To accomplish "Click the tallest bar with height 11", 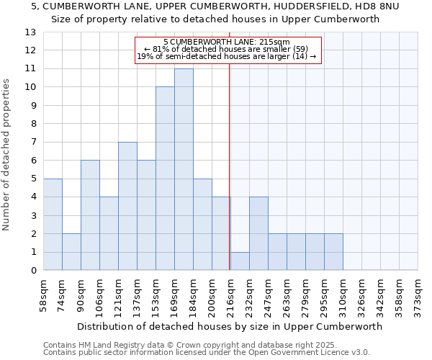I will pyautogui.click(x=184, y=169).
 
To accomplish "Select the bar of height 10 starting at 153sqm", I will pyautogui.click(x=165, y=179).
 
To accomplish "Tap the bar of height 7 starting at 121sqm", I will pyautogui.click(x=127, y=206).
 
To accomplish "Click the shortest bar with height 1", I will pyautogui.click(x=240, y=261).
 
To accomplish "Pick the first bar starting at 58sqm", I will pyautogui.click(x=53, y=225).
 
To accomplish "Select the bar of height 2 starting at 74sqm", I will pyautogui.click(x=71, y=252).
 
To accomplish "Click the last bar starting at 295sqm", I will pyautogui.click(x=333, y=252).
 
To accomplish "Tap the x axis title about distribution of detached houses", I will pyautogui.click(x=230, y=326).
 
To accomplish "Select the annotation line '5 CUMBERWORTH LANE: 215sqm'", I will pyautogui.click(x=227, y=42).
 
